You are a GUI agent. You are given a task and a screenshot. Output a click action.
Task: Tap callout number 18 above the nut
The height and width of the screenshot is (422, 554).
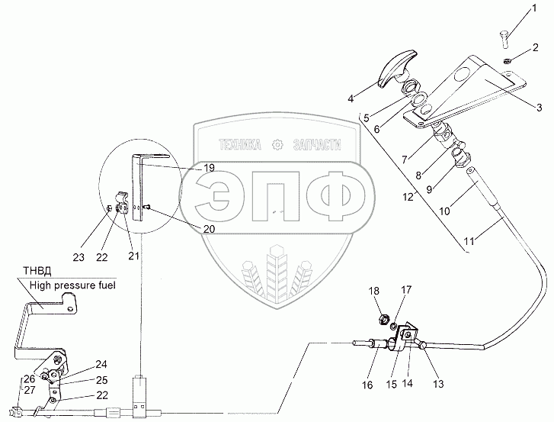pyautogui.click(x=374, y=292)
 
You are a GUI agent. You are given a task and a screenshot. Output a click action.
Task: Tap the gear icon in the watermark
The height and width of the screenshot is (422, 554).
pyautogui.click(x=277, y=143)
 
